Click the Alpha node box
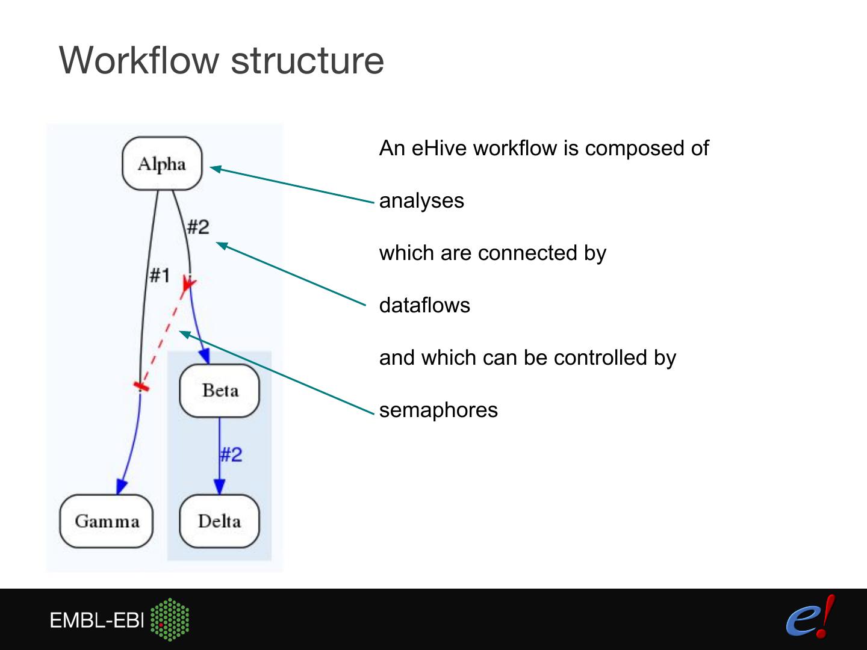pyautogui.click(x=161, y=164)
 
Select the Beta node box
pyautogui.click(x=219, y=391)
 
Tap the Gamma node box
pyautogui.click(x=107, y=521)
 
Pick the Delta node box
pyautogui.click(x=219, y=521)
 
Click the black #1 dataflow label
pyautogui.click(x=160, y=276)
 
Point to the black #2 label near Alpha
pyautogui.click(x=197, y=227)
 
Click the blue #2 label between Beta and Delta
pyautogui.click(x=231, y=454)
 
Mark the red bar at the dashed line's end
pyautogui.click(x=141, y=385)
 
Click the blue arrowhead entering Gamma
pyautogui.click(x=121, y=486)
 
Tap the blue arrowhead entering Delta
pyautogui.click(x=219, y=486)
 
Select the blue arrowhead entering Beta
pyautogui.click(x=205, y=356)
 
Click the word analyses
pyautogui.click(x=421, y=200)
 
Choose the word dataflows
pyautogui.click(x=424, y=305)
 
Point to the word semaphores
pyautogui.click(x=438, y=410)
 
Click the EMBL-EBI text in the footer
pyautogui.click(x=97, y=620)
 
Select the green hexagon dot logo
pyautogui.click(x=170, y=619)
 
